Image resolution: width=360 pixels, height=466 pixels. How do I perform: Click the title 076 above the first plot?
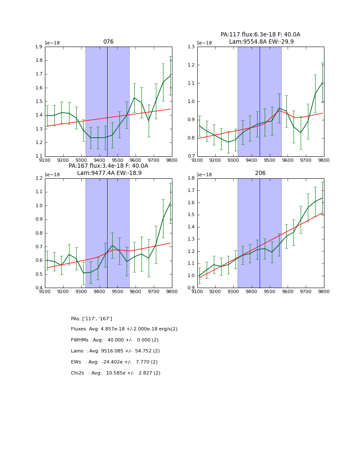click(x=108, y=42)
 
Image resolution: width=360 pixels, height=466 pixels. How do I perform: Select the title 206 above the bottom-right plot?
click(x=260, y=173)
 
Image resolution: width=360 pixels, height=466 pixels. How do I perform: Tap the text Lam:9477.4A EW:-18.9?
click(x=109, y=173)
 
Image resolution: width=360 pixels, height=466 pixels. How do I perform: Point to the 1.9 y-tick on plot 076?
click(x=39, y=47)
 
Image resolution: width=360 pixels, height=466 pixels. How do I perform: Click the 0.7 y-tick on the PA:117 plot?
click(x=191, y=156)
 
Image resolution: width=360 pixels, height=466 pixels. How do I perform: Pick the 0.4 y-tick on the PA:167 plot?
click(x=39, y=288)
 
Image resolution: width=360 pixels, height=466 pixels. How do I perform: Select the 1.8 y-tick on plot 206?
click(x=191, y=178)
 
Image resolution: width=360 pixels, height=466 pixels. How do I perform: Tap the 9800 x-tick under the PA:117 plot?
click(x=324, y=160)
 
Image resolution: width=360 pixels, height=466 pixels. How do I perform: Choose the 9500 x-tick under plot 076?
click(x=117, y=160)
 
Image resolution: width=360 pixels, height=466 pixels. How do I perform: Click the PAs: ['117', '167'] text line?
click(x=91, y=319)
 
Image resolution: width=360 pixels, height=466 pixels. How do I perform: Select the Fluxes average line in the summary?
click(x=124, y=329)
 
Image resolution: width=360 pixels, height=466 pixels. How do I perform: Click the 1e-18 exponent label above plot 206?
click(x=204, y=175)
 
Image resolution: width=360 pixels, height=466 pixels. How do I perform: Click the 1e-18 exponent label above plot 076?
click(x=52, y=43)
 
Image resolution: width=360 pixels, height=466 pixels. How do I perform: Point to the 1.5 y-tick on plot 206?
click(x=191, y=215)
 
